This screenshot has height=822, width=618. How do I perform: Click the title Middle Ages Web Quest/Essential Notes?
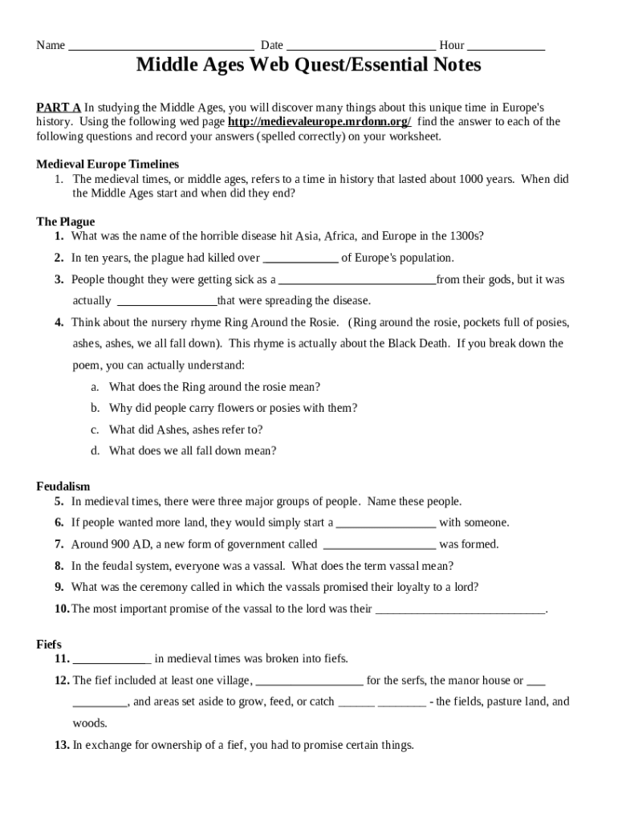click(x=308, y=65)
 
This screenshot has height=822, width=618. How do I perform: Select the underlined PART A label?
click(x=59, y=107)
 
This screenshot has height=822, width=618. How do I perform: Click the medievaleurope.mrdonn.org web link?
click(x=319, y=122)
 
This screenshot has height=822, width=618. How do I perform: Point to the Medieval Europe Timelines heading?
click(x=108, y=164)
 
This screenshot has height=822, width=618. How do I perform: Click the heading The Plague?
click(x=66, y=222)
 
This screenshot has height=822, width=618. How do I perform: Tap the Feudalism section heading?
click(x=63, y=486)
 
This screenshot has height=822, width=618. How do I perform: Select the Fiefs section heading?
click(x=49, y=645)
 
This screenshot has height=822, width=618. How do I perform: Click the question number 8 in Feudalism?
click(x=59, y=566)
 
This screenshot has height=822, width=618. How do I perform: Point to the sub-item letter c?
click(x=95, y=429)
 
